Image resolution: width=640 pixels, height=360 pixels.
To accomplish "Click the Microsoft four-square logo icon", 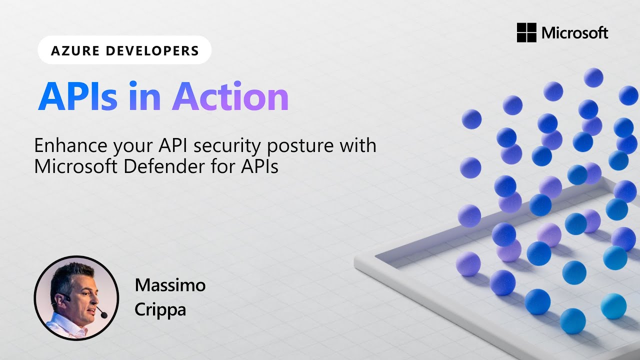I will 526,33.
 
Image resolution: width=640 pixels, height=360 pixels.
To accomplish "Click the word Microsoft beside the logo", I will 575,33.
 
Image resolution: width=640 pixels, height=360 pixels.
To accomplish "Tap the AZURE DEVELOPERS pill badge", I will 124,50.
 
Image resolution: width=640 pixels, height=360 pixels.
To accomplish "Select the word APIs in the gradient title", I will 77,96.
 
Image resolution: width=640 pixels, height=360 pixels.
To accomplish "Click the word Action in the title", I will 230,96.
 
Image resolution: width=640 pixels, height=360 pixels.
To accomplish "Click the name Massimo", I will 170,285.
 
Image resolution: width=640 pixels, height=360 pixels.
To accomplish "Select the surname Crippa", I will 160,309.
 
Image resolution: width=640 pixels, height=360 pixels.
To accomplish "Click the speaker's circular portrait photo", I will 76,298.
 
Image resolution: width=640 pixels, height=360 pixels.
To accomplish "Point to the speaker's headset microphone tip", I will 103,315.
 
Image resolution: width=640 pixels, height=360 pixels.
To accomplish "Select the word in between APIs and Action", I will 144,96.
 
